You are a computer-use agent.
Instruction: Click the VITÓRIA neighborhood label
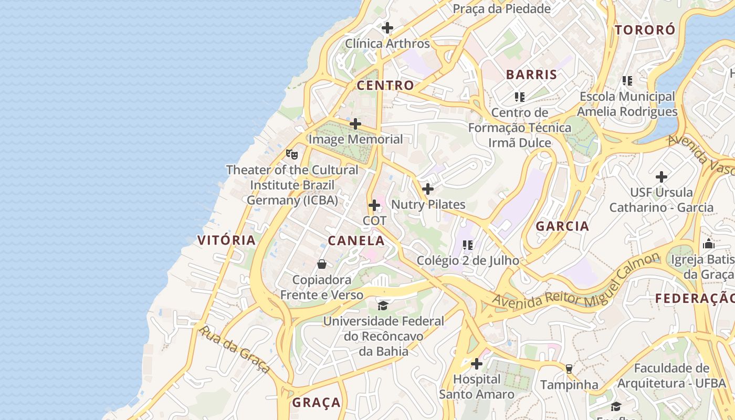(226, 240)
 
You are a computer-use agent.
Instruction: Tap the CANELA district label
(356, 240)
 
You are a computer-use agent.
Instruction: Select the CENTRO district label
(385, 85)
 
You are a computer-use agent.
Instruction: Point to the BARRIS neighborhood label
(531, 75)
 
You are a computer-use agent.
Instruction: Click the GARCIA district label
(562, 226)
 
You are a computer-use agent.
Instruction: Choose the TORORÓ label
(645, 30)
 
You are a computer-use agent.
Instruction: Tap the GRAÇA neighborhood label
(316, 403)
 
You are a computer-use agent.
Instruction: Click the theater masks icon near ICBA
(292, 154)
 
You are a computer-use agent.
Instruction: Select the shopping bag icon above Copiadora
(322, 264)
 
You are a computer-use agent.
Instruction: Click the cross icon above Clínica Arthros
(387, 28)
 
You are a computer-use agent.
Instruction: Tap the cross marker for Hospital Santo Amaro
(477, 363)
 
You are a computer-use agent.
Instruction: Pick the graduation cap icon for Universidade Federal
(383, 306)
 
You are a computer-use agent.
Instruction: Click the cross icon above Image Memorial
(355, 124)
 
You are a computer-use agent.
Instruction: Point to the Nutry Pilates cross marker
(428, 189)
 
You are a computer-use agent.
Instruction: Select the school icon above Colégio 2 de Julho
(468, 245)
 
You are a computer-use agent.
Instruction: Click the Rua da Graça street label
(235, 350)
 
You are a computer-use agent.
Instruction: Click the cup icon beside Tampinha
(569, 369)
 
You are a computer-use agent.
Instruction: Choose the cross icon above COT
(374, 205)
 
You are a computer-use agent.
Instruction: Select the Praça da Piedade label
(501, 8)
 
